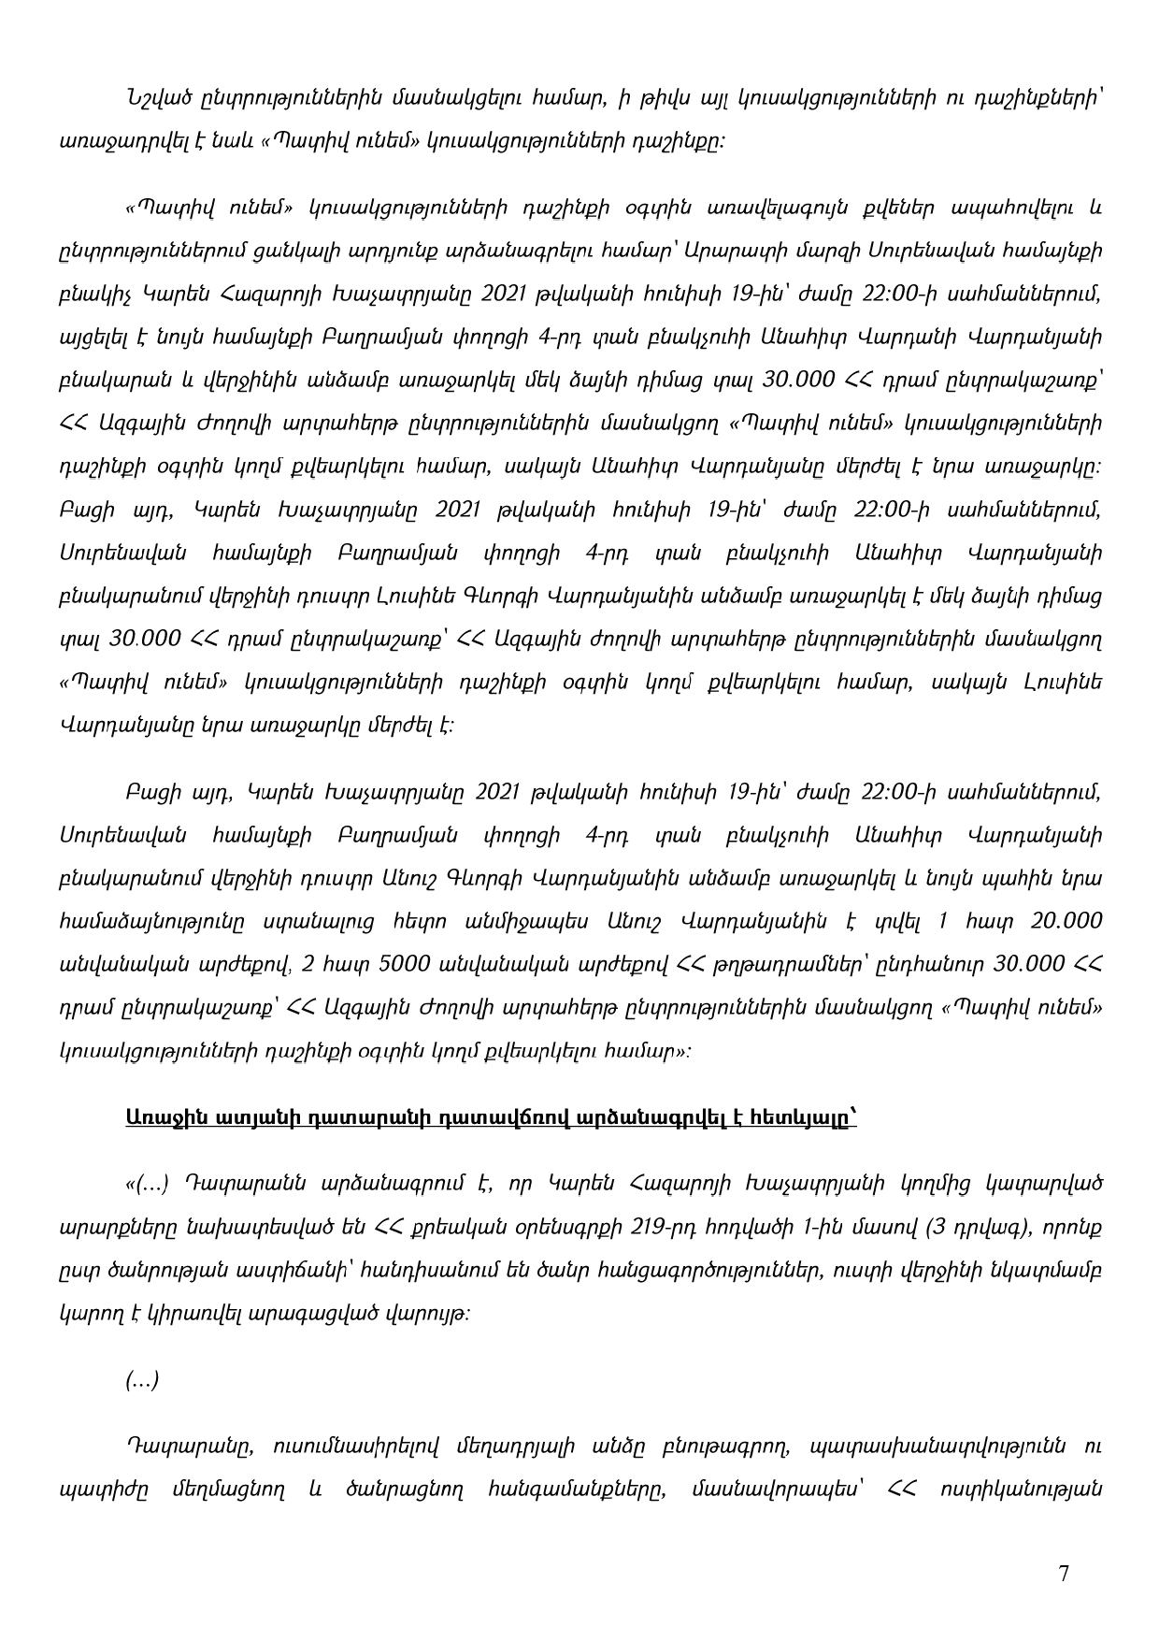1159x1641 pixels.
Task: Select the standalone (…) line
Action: pos(142,1379)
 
